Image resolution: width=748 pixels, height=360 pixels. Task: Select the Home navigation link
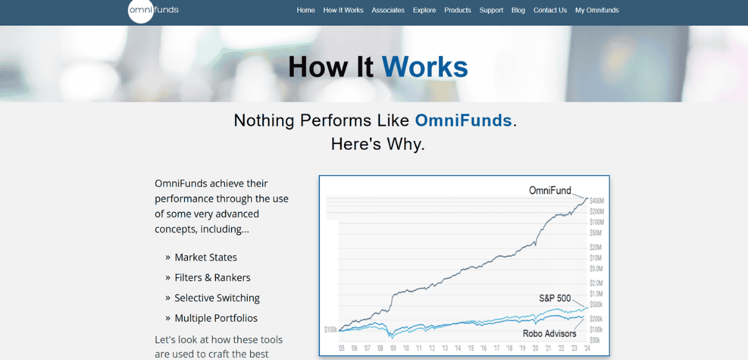pos(305,10)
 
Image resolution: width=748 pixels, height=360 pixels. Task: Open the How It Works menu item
pos(343,10)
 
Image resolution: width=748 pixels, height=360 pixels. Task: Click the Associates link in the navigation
pos(388,10)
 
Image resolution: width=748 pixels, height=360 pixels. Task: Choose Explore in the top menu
pos(424,10)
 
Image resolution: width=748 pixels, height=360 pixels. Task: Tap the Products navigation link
pos(457,10)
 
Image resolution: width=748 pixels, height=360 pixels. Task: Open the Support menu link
pos(491,10)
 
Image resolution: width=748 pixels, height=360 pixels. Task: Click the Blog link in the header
pos(518,10)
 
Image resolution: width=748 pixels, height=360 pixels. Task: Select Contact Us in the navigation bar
pos(550,10)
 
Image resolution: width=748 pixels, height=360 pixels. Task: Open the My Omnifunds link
pos(596,10)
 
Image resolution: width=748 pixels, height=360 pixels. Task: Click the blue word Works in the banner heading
pos(424,67)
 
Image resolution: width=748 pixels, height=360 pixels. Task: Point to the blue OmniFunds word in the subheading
pos(463,120)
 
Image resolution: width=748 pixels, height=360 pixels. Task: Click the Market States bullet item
pos(206,257)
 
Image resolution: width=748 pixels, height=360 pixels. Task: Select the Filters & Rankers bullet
pos(212,277)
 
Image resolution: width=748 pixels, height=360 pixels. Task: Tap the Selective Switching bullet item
pos(217,298)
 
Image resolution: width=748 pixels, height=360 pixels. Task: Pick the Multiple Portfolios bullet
pos(216,318)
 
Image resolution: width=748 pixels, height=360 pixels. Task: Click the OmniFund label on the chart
pos(550,190)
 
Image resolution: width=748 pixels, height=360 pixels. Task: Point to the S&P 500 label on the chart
pos(554,298)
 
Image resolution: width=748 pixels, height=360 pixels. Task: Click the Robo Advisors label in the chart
pos(549,333)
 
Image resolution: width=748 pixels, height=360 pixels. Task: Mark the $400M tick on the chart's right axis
pos(596,201)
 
